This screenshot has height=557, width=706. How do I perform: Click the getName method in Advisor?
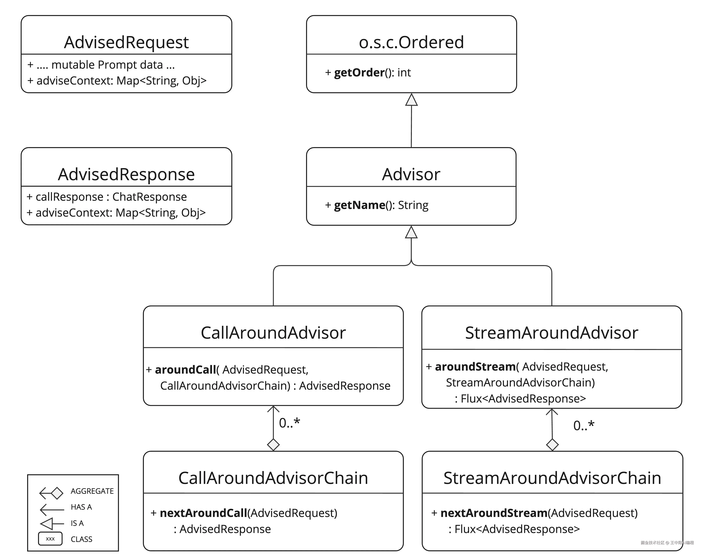click(x=360, y=205)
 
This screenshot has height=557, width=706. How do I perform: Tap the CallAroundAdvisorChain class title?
click(x=273, y=478)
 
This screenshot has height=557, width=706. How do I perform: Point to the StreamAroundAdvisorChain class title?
click(x=552, y=478)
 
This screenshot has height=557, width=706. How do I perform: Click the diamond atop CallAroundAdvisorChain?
click(x=273, y=444)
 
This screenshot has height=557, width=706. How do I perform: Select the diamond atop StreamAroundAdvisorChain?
click(x=552, y=444)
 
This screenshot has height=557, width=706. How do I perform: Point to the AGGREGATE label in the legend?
click(x=92, y=491)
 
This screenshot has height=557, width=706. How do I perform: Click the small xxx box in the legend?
click(x=50, y=539)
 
